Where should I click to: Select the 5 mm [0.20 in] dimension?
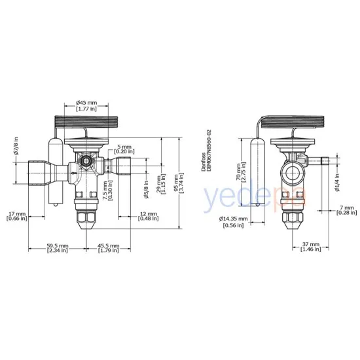click(124, 151)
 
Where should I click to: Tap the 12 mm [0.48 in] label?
click(148, 216)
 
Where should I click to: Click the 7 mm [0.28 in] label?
click(348, 209)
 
